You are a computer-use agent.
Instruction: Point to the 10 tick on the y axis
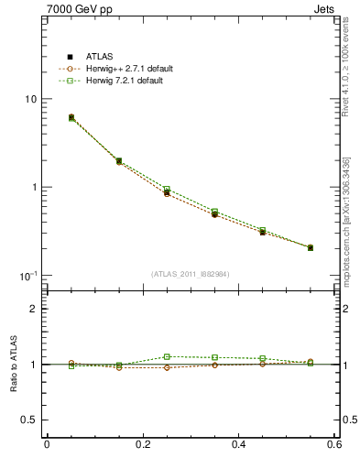pos(30,99)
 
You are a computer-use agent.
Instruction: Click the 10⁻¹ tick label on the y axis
pos(28,275)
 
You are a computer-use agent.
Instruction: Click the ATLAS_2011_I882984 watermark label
pos(191,274)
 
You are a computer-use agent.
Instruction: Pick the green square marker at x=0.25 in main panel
pos(167,190)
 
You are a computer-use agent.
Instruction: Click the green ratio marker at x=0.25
pos(167,356)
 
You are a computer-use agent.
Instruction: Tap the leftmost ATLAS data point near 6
pos(71,117)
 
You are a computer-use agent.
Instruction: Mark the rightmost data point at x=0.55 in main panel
pos(310,247)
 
